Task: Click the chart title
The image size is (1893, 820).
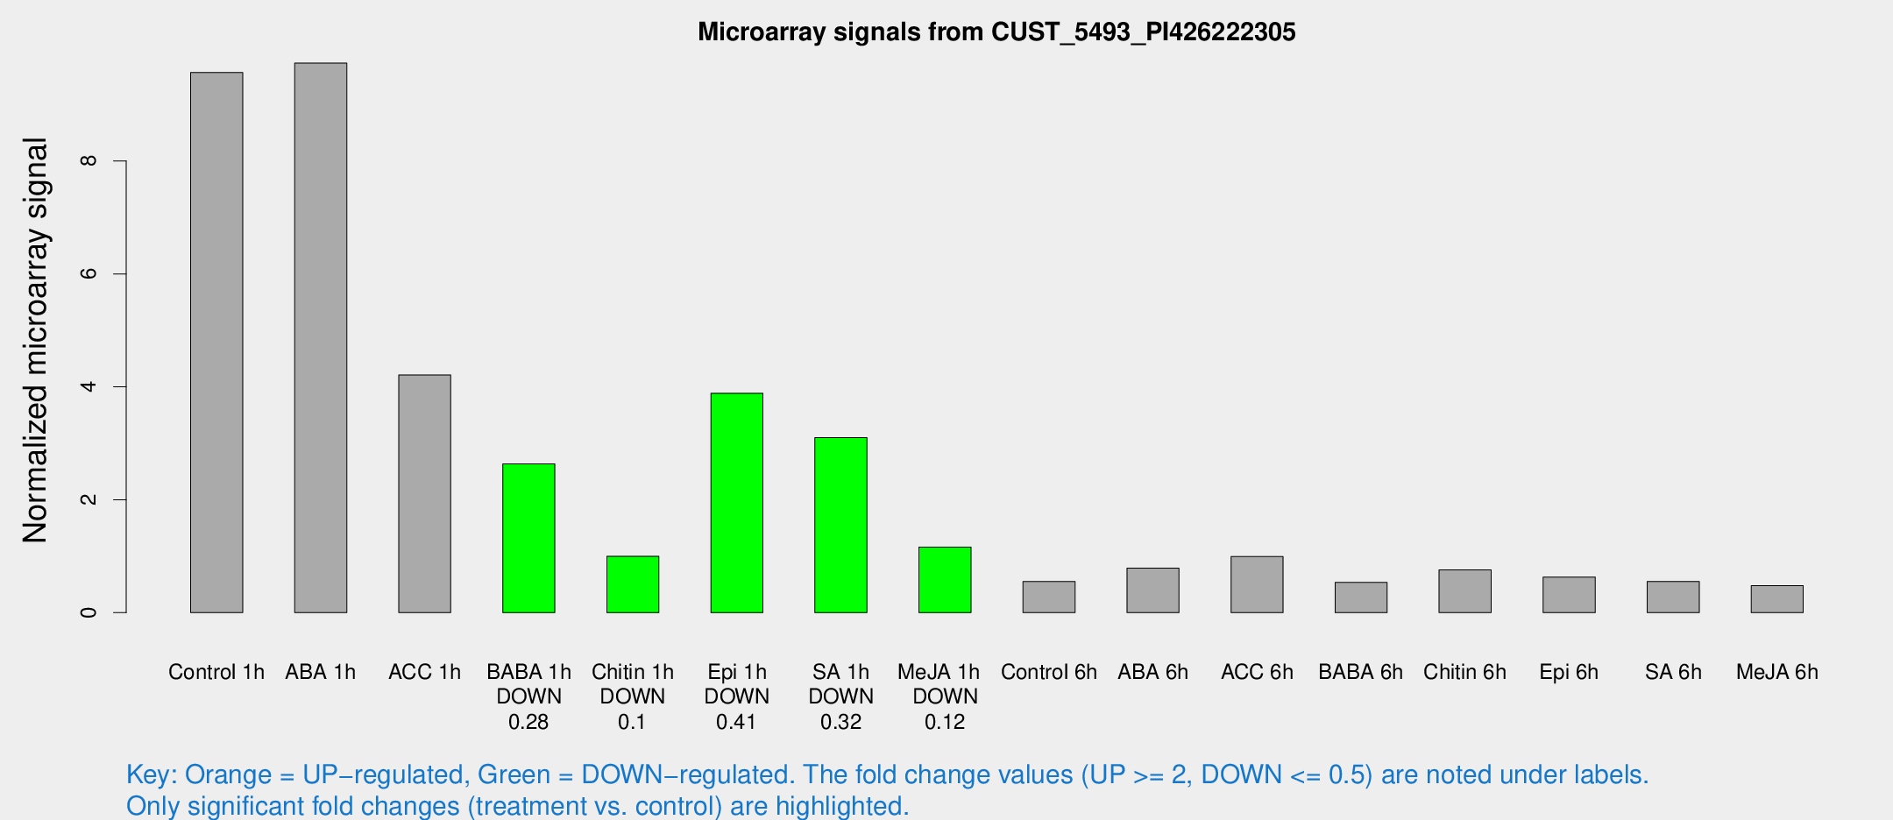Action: [996, 32]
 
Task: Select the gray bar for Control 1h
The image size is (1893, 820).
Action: [216, 342]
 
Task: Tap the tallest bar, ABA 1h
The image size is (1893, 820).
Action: [321, 337]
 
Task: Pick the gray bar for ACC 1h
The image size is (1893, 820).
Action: [425, 493]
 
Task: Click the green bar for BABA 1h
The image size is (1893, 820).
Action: [528, 538]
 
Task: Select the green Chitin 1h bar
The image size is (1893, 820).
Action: [633, 584]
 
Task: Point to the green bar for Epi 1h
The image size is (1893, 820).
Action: [737, 503]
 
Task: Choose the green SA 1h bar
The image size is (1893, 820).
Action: [840, 525]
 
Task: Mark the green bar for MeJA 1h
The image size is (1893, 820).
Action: [945, 580]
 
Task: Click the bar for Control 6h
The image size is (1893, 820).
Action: [1049, 597]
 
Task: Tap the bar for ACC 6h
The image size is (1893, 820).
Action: [1257, 584]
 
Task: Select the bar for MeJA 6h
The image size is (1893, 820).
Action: [1777, 599]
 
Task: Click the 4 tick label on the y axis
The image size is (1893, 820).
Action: [88, 386]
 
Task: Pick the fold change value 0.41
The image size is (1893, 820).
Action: [736, 722]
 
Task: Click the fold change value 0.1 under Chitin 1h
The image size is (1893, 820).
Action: [632, 722]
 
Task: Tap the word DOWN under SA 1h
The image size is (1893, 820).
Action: [840, 696]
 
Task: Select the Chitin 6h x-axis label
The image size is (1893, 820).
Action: [1464, 672]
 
